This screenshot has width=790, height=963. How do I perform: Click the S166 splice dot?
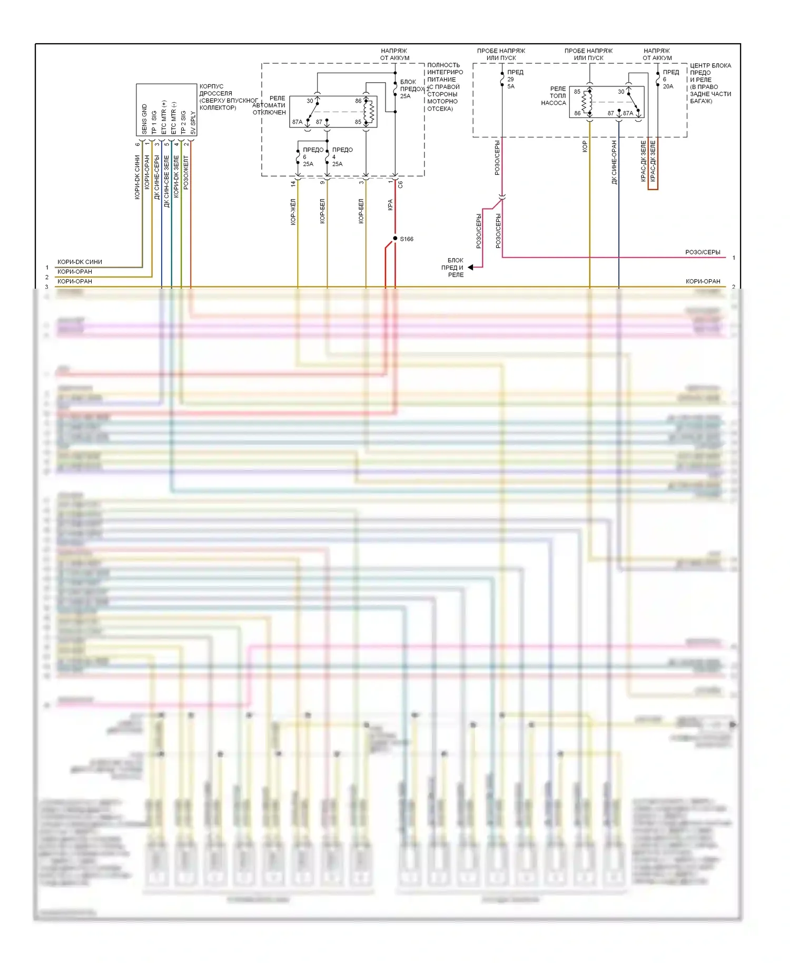(x=395, y=239)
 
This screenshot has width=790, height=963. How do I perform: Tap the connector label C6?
(x=400, y=184)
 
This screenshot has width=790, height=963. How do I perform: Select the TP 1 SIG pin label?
(x=154, y=122)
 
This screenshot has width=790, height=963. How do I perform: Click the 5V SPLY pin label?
(x=193, y=122)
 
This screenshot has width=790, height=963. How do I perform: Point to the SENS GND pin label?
(x=144, y=119)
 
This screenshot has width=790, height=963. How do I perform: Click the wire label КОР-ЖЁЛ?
(x=293, y=212)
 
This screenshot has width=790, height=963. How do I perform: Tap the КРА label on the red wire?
(x=390, y=205)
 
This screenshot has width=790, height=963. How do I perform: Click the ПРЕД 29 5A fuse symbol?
(x=502, y=80)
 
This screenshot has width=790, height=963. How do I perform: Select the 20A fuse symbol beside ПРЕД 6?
(x=658, y=80)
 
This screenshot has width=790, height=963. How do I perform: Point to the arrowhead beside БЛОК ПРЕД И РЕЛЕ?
(x=471, y=268)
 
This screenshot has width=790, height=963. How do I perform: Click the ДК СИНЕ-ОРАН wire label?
(x=614, y=162)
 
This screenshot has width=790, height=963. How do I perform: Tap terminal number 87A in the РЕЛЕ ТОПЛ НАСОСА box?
(x=628, y=113)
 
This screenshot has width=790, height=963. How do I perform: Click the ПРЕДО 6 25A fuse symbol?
(x=298, y=157)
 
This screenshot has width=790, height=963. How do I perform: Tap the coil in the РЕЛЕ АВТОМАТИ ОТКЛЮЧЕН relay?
(x=370, y=111)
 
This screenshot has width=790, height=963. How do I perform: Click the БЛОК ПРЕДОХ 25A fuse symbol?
(x=395, y=89)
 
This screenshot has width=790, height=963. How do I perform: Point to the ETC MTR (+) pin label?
(x=164, y=117)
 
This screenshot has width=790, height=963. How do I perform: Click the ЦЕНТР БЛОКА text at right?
(x=710, y=65)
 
